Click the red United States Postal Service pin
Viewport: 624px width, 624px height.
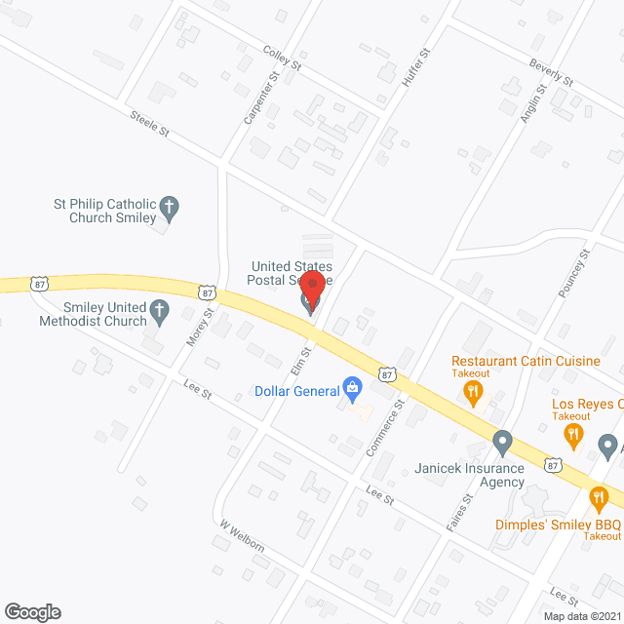click(312, 291)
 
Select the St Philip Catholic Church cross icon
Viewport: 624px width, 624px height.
click(170, 206)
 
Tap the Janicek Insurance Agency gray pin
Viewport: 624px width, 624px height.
click(502, 444)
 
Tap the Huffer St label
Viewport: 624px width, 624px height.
click(413, 69)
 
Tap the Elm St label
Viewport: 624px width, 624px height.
click(305, 357)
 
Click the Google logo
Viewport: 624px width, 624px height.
click(31, 612)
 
